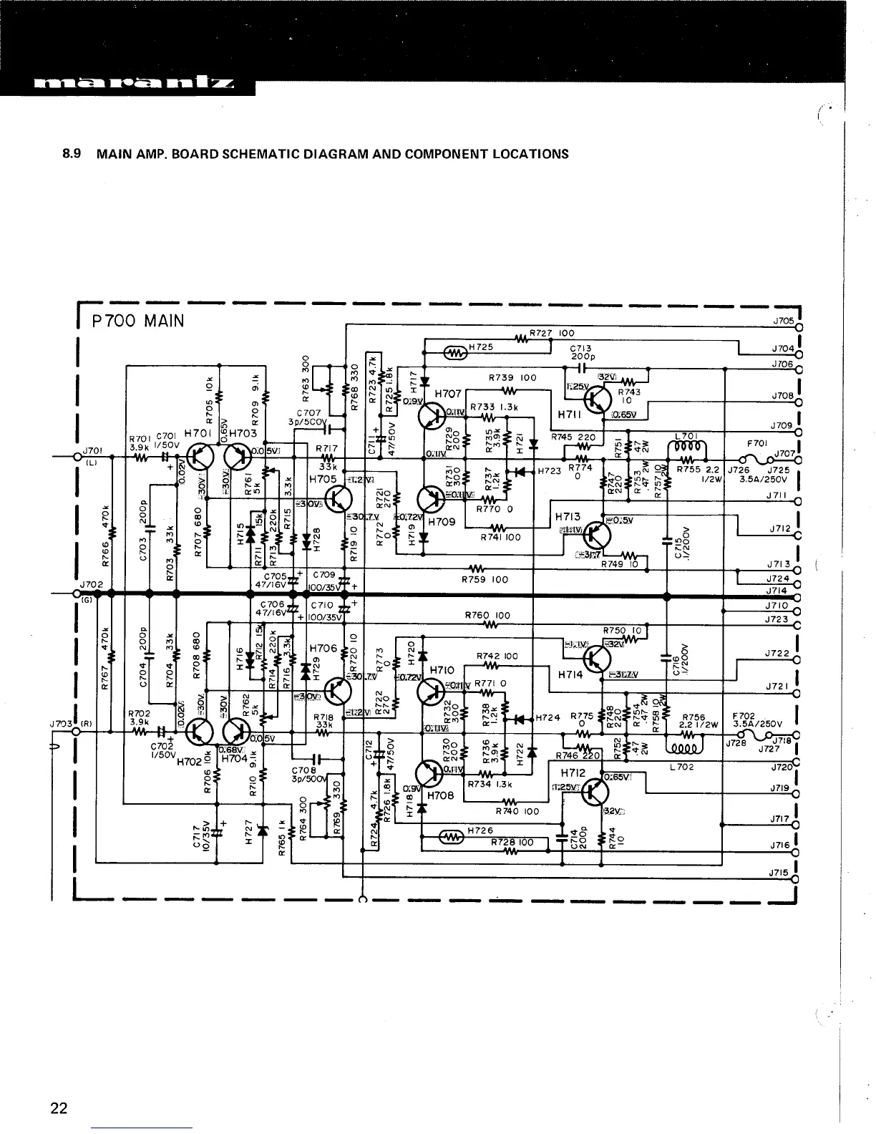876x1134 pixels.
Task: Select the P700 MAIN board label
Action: pos(138,321)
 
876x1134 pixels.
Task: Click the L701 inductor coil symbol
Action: pos(687,449)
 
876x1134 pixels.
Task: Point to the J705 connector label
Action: pos(782,321)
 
